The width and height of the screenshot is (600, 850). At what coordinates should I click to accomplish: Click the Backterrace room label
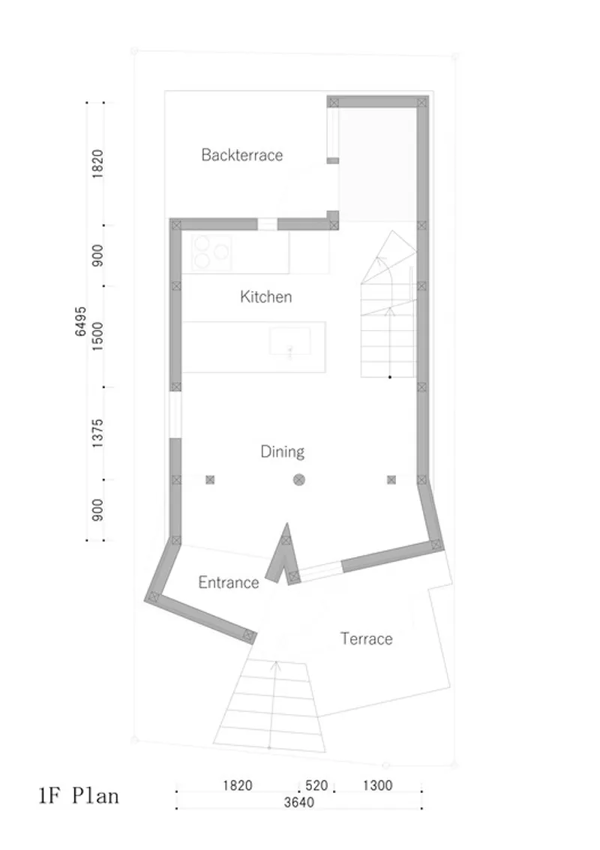pos(241,155)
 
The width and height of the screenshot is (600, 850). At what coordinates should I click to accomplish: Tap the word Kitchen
pos(265,296)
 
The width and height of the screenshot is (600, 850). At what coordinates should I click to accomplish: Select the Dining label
pos(282,452)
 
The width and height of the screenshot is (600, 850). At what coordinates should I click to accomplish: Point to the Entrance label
pos(228,582)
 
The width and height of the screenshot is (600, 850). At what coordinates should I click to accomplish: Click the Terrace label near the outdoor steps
pos(367,638)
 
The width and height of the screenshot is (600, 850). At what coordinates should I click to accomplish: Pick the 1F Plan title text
pos(79,796)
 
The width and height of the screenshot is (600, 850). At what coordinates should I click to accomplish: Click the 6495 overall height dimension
pos(80,321)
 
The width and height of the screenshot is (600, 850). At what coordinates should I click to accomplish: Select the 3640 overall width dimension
pos(298,802)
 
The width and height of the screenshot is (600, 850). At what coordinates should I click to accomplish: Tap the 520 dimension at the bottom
pos(316,785)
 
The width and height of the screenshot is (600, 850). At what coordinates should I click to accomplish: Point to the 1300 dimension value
pos(377,785)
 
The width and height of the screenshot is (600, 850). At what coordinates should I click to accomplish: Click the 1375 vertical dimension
pos(97,433)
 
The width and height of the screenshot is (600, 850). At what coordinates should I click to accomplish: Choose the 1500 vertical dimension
pos(97,336)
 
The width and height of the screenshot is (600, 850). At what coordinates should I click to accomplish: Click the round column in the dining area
pos(298,479)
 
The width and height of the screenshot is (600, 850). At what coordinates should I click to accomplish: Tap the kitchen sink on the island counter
pos(290,341)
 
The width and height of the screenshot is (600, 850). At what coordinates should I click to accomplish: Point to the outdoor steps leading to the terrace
pos(270,704)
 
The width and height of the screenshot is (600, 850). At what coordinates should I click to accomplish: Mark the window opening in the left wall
pos(175,415)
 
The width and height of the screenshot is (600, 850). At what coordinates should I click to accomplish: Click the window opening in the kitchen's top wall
pos(267,224)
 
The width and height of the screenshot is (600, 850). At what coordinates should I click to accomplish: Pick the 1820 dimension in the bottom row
pos(238,785)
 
